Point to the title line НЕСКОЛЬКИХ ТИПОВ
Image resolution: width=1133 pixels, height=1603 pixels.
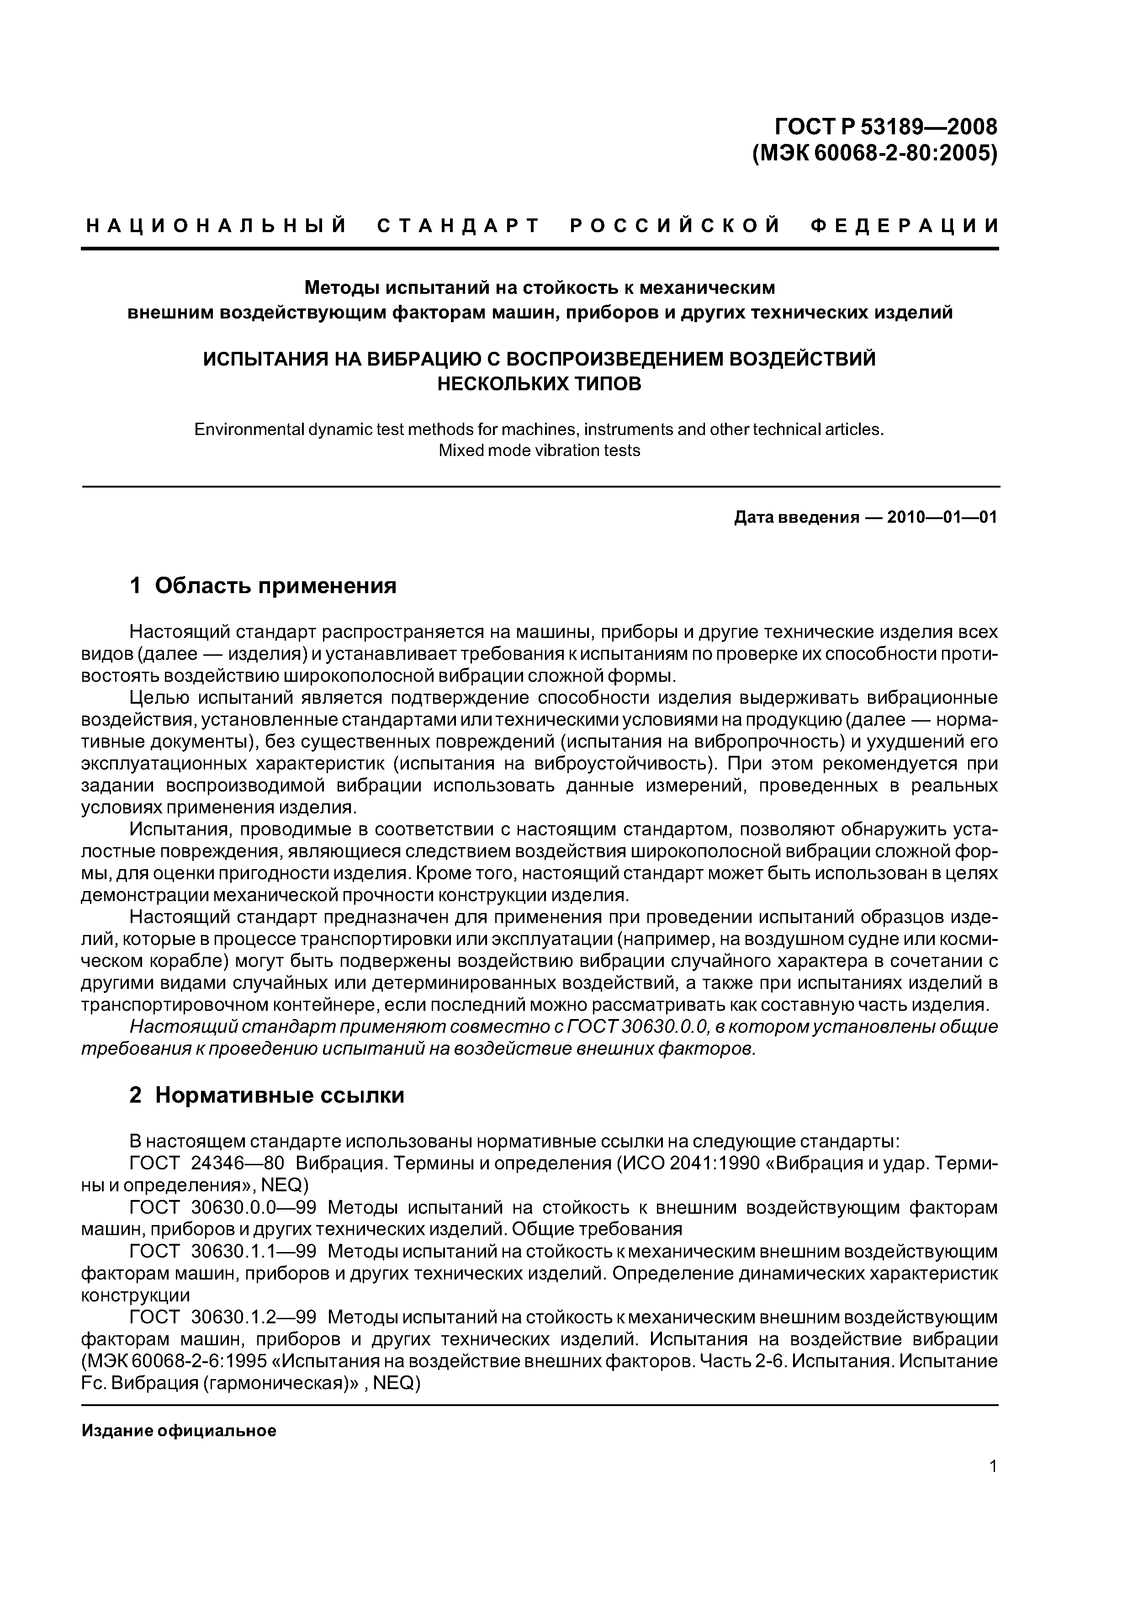click(x=538, y=383)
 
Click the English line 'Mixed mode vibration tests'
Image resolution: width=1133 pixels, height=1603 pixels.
click(x=538, y=450)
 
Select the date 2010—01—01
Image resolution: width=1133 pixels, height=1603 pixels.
click(x=942, y=517)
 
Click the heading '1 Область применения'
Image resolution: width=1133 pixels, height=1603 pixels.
click(x=263, y=585)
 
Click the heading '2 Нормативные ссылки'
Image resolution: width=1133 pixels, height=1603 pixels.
click(x=267, y=1095)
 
